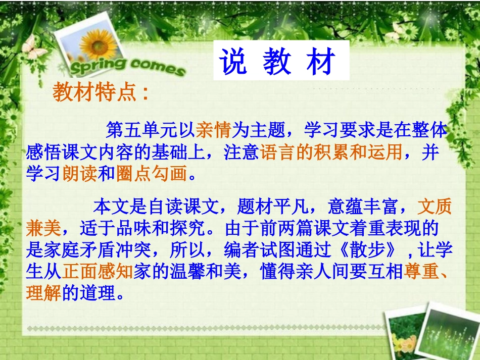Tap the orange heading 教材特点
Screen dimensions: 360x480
(x=95, y=93)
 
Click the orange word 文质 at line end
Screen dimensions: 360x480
(x=435, y=207)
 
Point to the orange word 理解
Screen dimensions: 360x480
(x=43, y=294)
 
